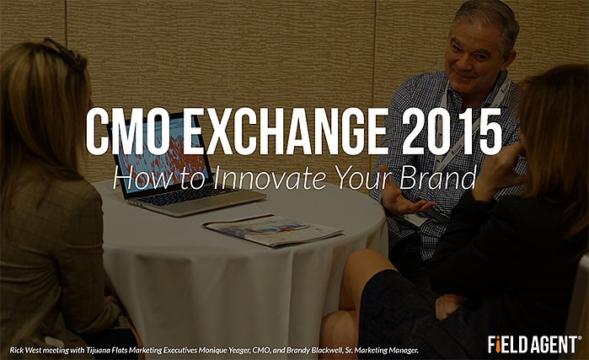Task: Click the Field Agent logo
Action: click(x=534, y=344)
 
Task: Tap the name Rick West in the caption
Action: click(x=25, y=350)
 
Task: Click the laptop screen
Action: click(x=165, y=154)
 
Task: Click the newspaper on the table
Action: click(x=272, y=230)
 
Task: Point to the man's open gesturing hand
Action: click(x=402, y=198)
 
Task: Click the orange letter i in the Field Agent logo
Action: click(x=497, y=345)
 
